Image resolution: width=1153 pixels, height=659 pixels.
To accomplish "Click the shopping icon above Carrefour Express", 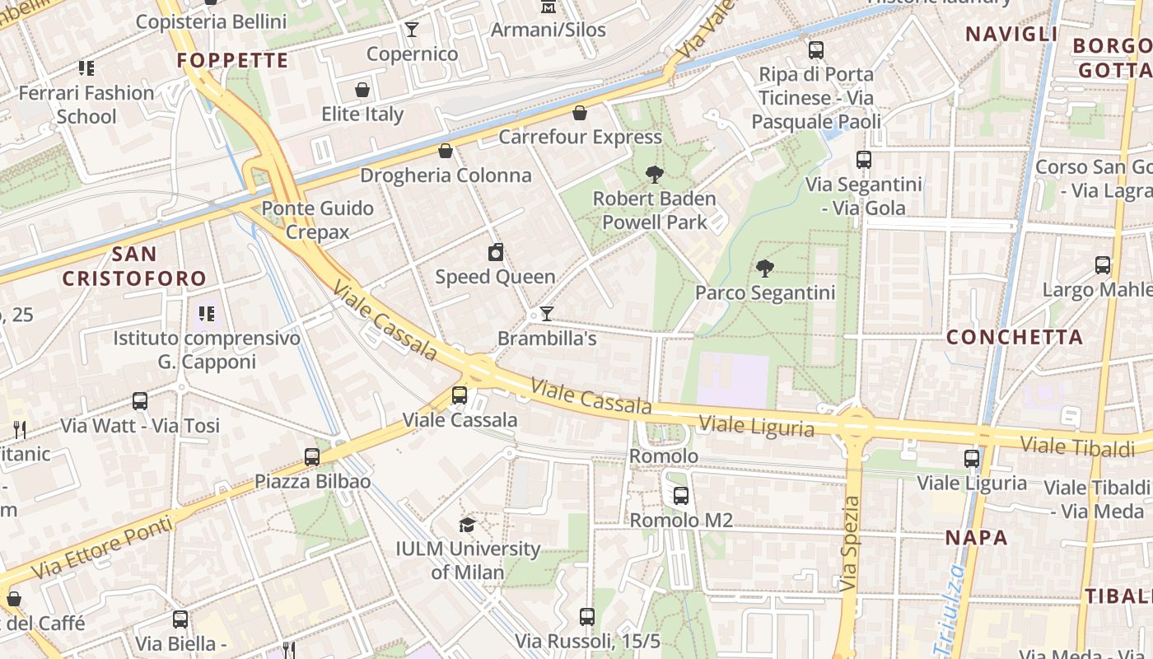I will [x=580, y=113].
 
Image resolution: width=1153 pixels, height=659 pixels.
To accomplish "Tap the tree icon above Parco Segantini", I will [x=765, y=268].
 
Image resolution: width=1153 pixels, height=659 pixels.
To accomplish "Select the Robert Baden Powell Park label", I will [x=655, y=210].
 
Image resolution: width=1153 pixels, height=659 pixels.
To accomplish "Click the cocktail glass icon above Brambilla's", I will [x=546, y=314].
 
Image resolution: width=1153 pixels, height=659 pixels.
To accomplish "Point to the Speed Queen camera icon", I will [x=495, y=253].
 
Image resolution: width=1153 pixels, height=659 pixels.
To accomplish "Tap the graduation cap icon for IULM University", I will [x=467, y=525].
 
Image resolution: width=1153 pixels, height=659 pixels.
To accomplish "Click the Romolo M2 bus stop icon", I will [x=680, y=496].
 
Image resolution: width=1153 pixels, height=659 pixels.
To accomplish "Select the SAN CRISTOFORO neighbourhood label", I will [x=134, y=265].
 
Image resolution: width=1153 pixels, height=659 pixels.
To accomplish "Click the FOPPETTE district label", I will [x=233, y=60].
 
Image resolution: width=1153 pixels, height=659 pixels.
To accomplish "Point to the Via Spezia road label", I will [x=851, y=544].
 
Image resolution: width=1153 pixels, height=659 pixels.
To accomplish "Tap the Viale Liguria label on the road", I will [x=756, y=427].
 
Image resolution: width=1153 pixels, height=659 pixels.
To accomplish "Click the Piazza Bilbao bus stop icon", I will [x=311, y=456].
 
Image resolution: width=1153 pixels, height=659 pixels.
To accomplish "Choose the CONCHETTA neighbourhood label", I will [x=1014, y=337].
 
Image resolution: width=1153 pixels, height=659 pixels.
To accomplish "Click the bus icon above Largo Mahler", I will [x=1102, y=265].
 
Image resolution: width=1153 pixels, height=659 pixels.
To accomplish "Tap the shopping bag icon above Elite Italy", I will [x=362, y=90].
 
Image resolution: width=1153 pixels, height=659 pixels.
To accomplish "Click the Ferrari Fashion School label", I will [x=86, y=105].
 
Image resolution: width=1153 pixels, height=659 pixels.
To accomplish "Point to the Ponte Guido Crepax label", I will [x=318, y=220].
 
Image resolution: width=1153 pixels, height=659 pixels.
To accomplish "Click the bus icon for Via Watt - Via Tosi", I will [x=140, y=401].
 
